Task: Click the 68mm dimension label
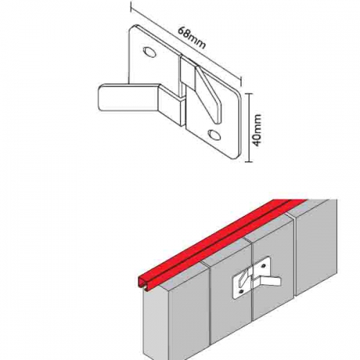192,38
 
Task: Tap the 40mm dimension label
257,130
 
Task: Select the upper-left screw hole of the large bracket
148,52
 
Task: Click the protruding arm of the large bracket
130,98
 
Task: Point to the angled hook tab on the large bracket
208,94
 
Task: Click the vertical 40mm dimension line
249,127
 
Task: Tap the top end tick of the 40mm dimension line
249,93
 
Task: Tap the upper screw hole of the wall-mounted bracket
264,266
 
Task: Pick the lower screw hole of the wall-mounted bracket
242,291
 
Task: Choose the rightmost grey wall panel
316,247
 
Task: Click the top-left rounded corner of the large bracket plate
132,27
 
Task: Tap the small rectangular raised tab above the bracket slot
189,70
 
